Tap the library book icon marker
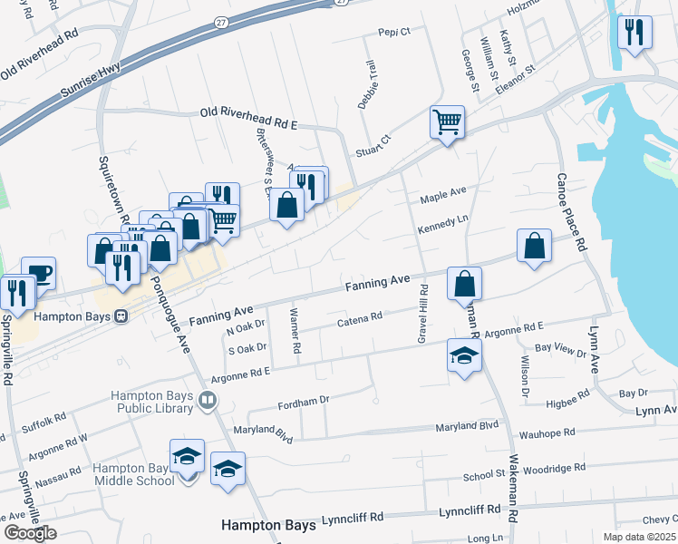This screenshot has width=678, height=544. coord(208,401)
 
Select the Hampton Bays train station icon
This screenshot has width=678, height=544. coord(121,317)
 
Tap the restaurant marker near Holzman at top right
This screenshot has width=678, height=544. coord(634,33)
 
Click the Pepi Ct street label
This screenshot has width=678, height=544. coord(394,31)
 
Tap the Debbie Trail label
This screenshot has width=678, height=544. coord(366,85)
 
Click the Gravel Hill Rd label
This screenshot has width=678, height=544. coord(422,313)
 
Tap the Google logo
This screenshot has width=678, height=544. coord(30,533)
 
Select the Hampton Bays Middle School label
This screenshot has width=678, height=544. coord(131,474)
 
